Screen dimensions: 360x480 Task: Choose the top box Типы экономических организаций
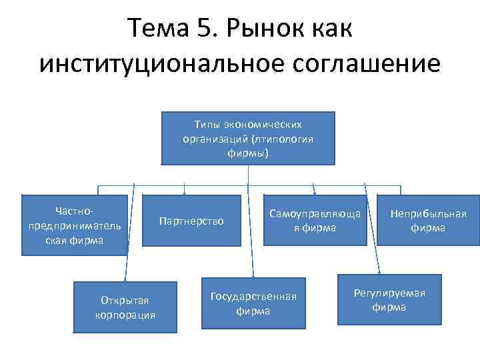click(x=248, y=139)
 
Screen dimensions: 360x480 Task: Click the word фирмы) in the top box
click(x=248, y=153)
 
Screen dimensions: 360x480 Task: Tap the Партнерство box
click(x=192, y=221)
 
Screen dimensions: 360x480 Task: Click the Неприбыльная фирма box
click(x=428, y=221)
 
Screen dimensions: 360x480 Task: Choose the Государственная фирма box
click(x=253, y=303)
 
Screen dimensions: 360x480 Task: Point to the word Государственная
click(x=253, y=296)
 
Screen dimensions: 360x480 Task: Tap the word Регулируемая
click(x=389, y=293)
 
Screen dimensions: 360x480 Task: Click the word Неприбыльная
click(x=429, y=214)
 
